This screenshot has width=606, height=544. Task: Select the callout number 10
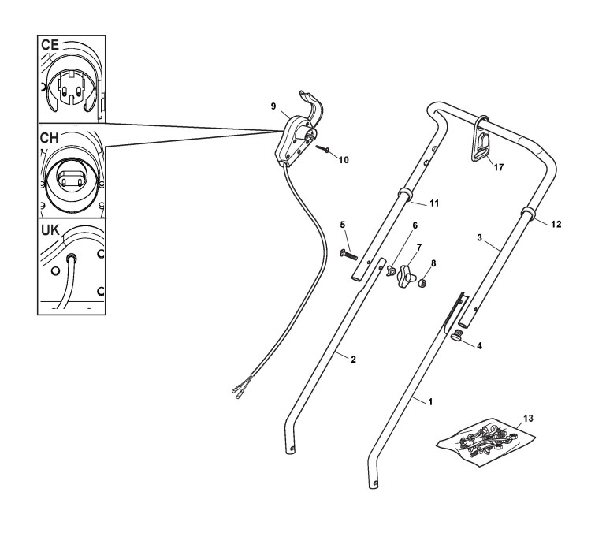(x=343, y=159)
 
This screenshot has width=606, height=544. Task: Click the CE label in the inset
(x=51, y=45)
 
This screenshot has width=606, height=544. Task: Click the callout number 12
(x=556, y=225)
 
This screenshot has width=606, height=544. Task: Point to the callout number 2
(x=354, y=360)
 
